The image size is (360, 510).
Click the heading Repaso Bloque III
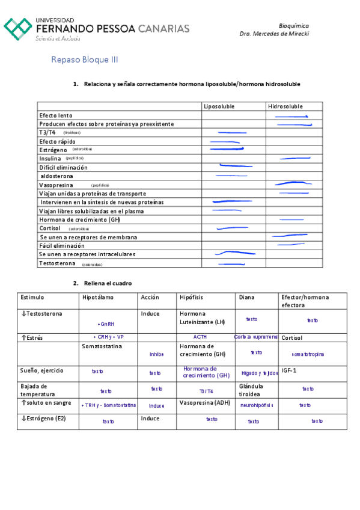click(84, 60)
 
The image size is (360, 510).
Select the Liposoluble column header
click(219, 106)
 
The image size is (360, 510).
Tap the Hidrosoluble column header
click(285, 106)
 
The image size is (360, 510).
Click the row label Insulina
click(50, 159)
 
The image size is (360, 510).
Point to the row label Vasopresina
click(56, 185)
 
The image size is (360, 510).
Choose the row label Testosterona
click(57, 263)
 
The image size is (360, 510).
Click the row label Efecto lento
click(56, 115)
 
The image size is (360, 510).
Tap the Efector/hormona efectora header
click(305, 301)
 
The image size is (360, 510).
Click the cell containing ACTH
click(200, 337)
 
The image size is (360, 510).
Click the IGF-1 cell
click(290, 371)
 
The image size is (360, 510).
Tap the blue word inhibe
click(156, 354)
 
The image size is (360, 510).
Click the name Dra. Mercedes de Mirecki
click(274, 34)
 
